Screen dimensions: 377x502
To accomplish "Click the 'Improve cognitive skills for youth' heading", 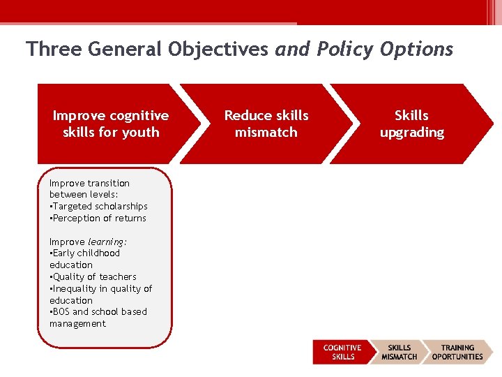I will (111, 124).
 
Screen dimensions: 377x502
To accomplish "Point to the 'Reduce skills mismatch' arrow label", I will (266, 124).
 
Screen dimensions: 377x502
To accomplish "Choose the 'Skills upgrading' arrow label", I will (411, 124).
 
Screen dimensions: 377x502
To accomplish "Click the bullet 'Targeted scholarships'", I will (100, 207).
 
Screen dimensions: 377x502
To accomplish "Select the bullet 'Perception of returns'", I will (99, 219).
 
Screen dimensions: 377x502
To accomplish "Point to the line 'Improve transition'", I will (89, 183).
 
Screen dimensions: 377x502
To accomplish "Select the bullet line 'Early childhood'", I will (86, 253).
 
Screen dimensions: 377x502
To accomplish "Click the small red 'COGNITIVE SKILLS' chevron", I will (342, 352).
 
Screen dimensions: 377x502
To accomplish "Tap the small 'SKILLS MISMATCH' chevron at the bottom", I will (399, 352).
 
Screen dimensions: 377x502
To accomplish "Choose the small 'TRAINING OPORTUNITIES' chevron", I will (457, 352).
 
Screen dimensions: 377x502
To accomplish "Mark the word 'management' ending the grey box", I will (77, 324).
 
